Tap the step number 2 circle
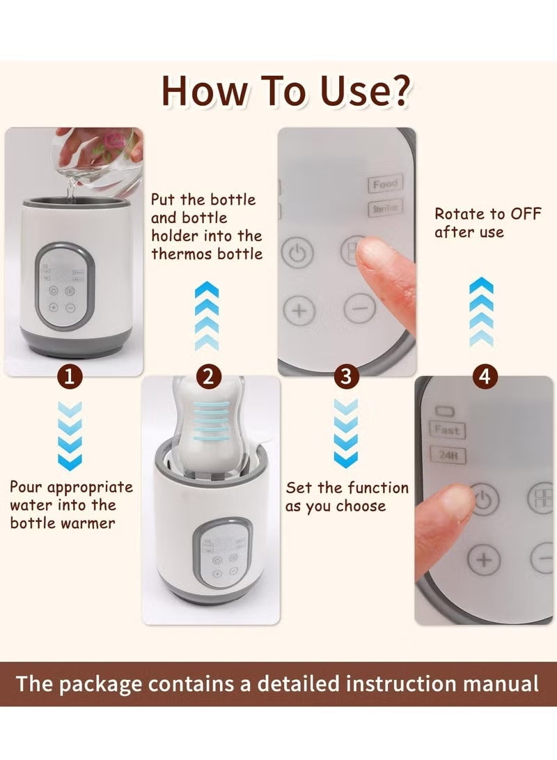pos(207,377)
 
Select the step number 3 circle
pos(346,377)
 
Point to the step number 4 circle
pos(485,377)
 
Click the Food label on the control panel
pos(384,184)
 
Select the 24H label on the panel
pos(446,456)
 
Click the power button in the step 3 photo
pos(297,254)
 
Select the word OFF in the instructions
pos(521,214)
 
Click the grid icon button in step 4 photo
pos(542,499)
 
